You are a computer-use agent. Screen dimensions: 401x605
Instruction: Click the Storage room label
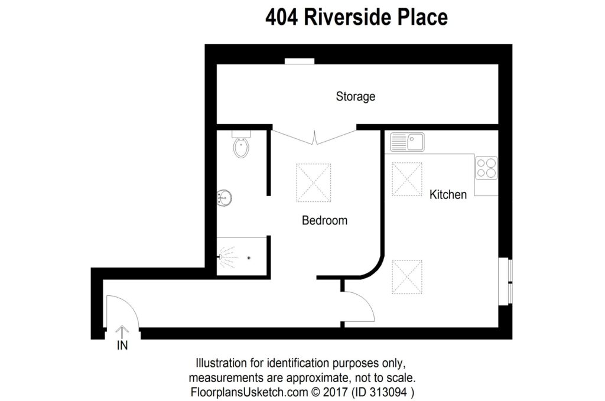pos(356,96)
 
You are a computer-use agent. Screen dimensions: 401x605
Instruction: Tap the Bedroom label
pos(324,221)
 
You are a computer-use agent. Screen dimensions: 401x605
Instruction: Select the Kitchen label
pos(448,194)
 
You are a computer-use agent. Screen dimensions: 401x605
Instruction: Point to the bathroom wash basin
pos(223,197)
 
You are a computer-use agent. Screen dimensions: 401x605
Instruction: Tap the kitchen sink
pos(407,142)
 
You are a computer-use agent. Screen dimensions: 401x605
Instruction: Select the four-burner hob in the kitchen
pos(486,168)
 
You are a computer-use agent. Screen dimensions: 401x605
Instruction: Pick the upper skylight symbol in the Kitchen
pos(408,178)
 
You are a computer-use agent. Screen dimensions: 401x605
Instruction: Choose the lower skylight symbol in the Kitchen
pos(408,276)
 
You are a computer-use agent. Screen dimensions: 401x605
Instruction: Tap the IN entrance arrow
pos(122,332)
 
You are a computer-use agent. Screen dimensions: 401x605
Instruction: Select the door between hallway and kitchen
pos(357,308)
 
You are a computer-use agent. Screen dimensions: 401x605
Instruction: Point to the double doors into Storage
pos(314,136)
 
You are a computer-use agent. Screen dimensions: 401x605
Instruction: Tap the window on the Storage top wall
pos(299,61)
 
